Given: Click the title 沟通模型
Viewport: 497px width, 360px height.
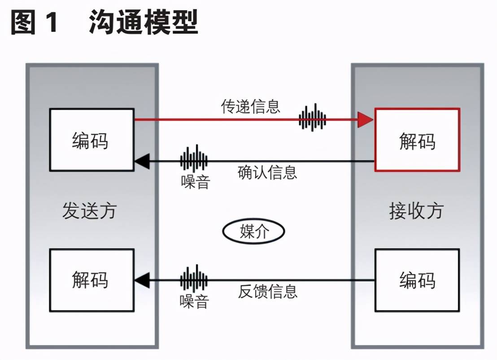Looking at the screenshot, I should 143,22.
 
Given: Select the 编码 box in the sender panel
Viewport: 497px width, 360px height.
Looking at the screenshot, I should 91,140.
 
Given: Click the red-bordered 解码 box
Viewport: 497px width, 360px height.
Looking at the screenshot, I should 417,140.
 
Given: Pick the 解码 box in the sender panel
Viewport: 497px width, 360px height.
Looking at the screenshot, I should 91,280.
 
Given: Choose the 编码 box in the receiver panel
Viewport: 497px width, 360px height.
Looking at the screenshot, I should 417,280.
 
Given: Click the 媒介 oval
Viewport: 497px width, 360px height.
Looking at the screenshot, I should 253,232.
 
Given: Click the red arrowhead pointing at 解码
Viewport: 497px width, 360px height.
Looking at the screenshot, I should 365,120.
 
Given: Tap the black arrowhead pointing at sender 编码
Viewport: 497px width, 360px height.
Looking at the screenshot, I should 142,161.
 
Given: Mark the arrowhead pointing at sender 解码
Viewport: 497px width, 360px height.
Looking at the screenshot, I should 142,280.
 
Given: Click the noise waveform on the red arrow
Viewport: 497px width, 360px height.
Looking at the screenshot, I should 313,119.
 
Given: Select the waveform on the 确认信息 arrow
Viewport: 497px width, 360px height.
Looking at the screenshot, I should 194,159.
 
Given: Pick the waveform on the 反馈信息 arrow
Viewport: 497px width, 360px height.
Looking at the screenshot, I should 194,279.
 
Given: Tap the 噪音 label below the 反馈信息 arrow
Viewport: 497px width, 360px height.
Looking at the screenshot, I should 194,301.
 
